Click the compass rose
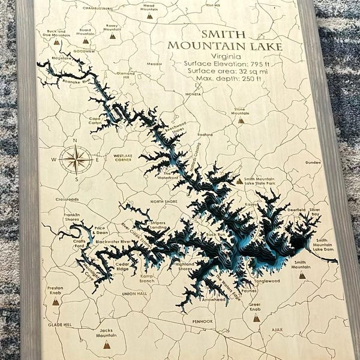[76, 160]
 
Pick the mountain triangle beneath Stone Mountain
[241, 120]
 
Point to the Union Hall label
[134, 294]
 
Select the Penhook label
[203, 322]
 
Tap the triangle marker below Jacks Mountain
[107, 346]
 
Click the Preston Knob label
[55, 290]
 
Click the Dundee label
[313, 163]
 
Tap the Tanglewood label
[267, 281]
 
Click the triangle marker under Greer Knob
[256, 318]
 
